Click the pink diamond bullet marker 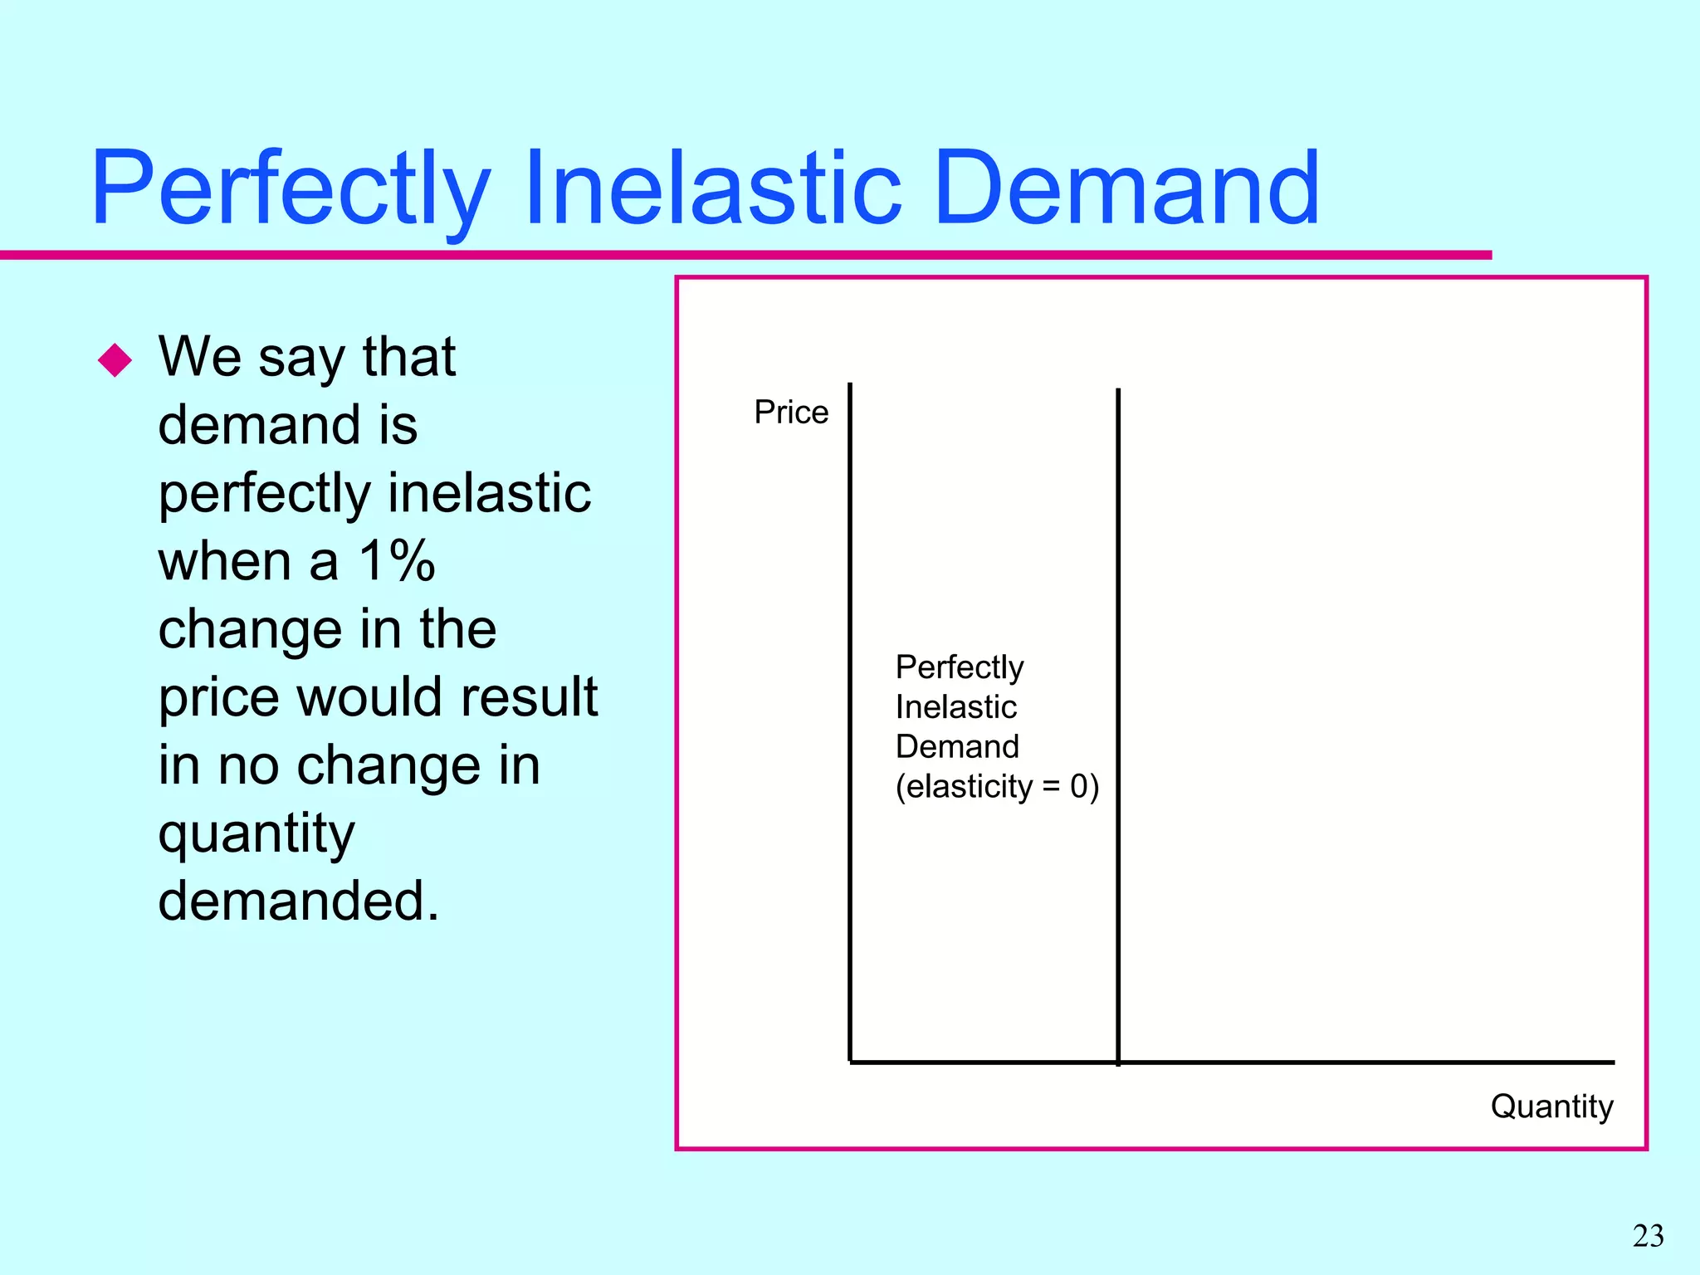coord(115,359)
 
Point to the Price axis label coord(790,413)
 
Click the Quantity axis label coord(1551,1106)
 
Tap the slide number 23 coord(1648,1236)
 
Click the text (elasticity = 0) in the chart coord(996,786)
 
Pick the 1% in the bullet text coord(397,561)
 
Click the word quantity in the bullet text coord(256,834)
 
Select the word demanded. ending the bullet coord(298,901)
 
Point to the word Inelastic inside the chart coord(955,707)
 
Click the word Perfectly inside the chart coord(959,667)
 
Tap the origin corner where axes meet coord(851,1062)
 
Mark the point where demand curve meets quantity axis coord(1118,1062)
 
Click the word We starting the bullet coord(200,357)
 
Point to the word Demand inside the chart coord(956,747)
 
